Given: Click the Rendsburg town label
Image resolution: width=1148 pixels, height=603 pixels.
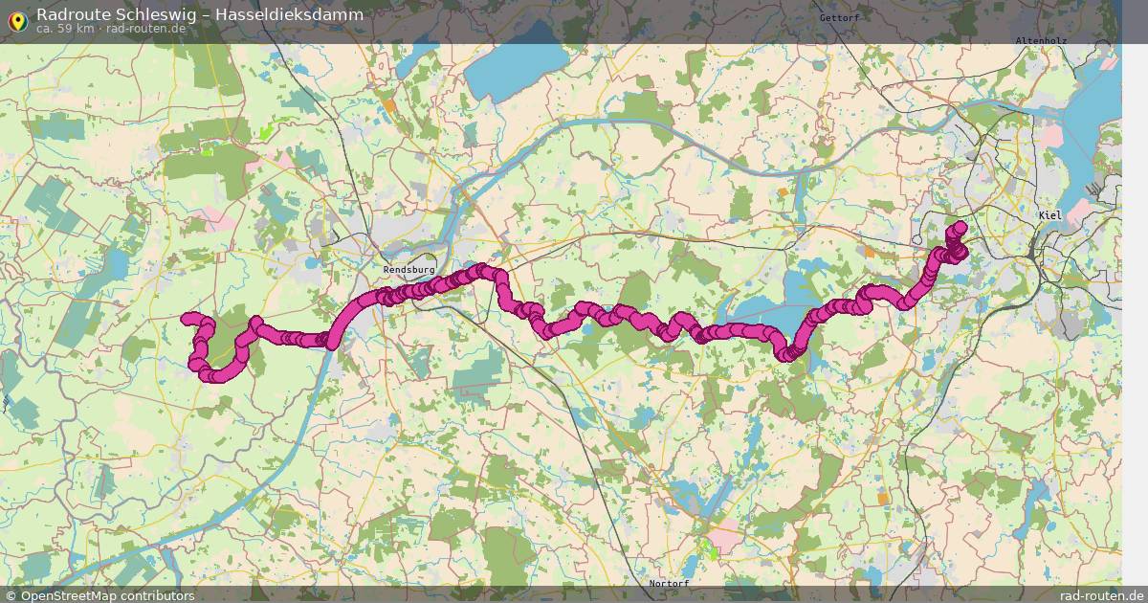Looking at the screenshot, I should tap(408, 270).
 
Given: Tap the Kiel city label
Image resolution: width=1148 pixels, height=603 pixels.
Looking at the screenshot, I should tap(1050, 215).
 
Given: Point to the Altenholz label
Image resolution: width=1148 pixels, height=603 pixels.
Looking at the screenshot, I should tap(1041, 40).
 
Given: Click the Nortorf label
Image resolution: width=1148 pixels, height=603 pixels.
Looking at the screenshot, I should tap(669, 583).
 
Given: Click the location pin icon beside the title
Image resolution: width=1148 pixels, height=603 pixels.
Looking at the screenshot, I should tap(17, 20).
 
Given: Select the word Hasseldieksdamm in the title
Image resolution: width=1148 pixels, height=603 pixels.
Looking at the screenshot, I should tap(301, 14).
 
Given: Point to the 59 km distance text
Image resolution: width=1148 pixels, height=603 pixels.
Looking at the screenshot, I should tap(75, 29).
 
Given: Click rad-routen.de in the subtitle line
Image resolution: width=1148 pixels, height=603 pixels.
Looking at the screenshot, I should tap(145, 29).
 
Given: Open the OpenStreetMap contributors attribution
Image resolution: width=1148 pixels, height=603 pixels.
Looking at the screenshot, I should tap(107, 595).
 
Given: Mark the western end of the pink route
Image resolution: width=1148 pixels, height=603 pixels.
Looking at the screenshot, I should tap(188, 318).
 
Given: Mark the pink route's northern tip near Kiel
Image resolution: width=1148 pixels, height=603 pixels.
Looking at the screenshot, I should tap(960, 227).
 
